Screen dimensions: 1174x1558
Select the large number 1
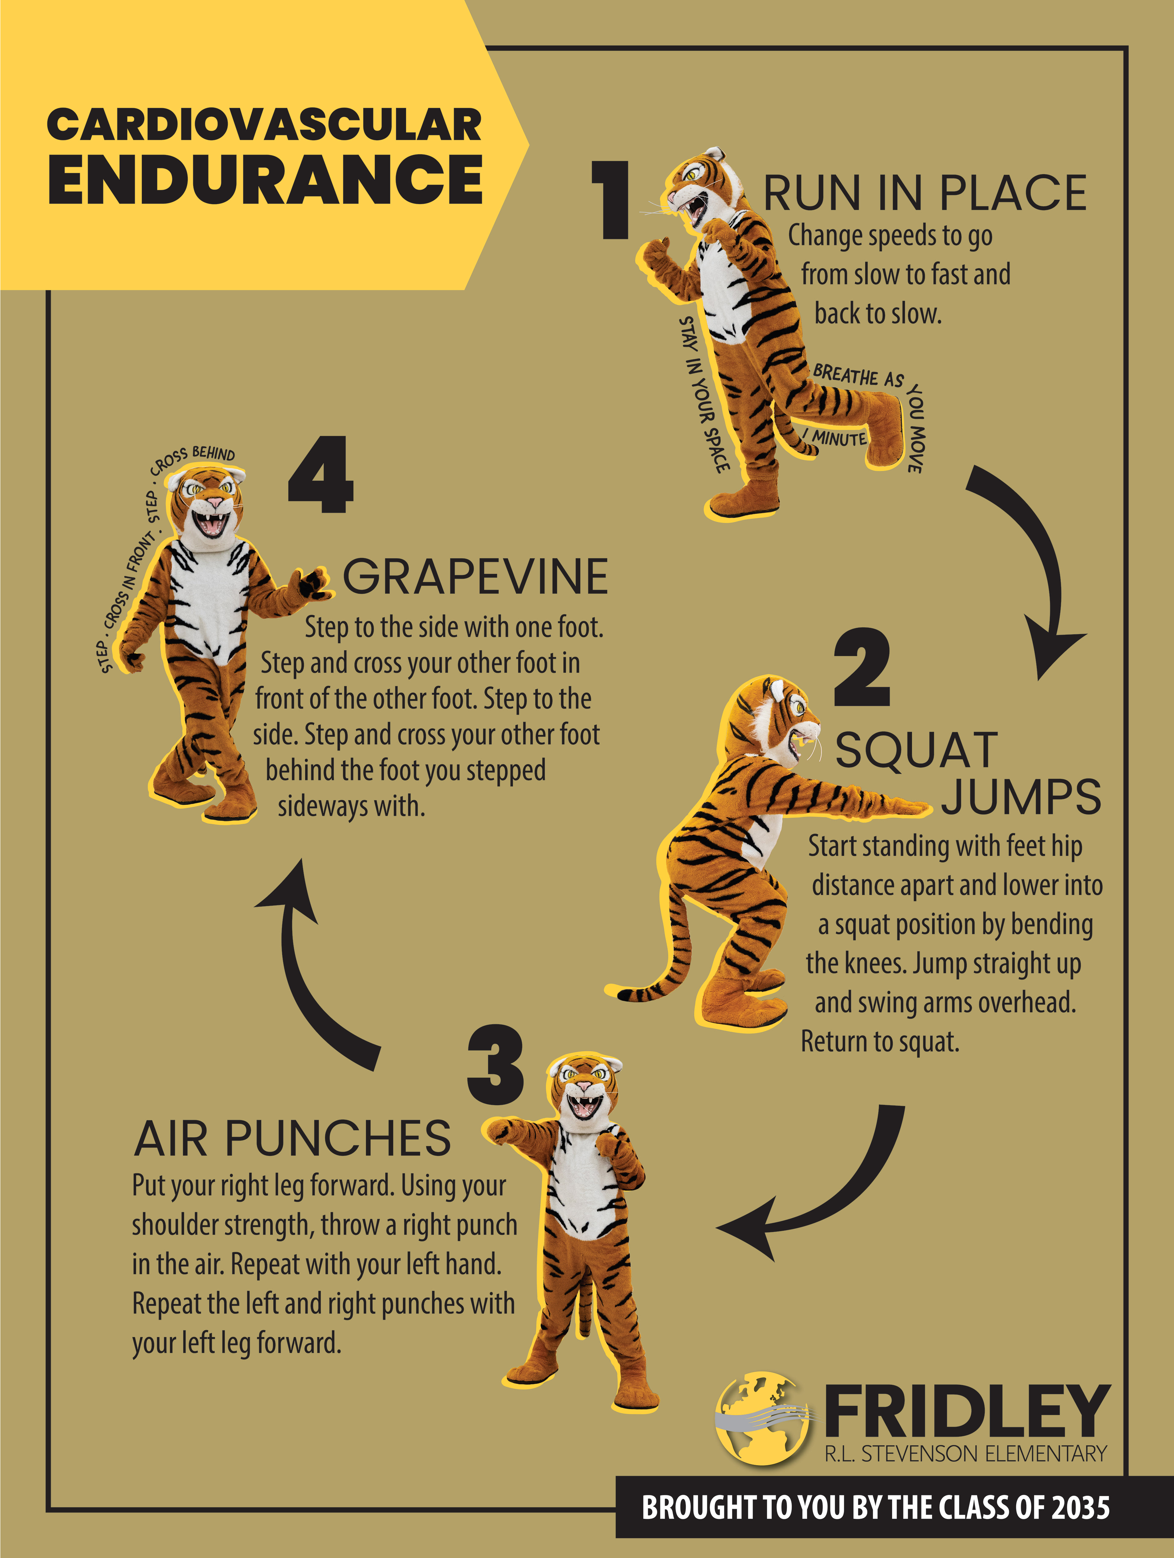coord(610,200)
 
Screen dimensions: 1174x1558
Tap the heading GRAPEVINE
coord(476,576)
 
